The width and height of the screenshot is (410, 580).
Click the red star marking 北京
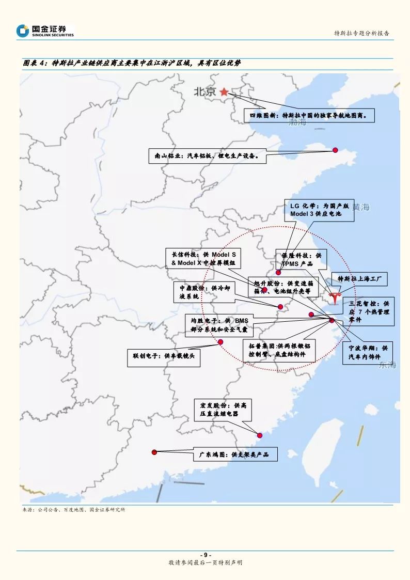click(x=224, y=92)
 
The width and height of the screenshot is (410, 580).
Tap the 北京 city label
click(x=204, y=92)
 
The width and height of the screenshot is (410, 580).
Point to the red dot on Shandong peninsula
click(x=335, y=150)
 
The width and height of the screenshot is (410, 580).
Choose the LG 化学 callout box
click(x=320, y=210)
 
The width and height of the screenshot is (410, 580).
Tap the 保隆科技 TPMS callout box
click(x=301, y=259)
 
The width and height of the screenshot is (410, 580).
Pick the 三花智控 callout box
click(x=368, y=311)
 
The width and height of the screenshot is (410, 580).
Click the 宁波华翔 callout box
click(x=368, y=352)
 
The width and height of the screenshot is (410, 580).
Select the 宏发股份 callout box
click(x=223, y=410)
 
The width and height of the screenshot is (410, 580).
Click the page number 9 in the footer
click(x=205, y=555)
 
